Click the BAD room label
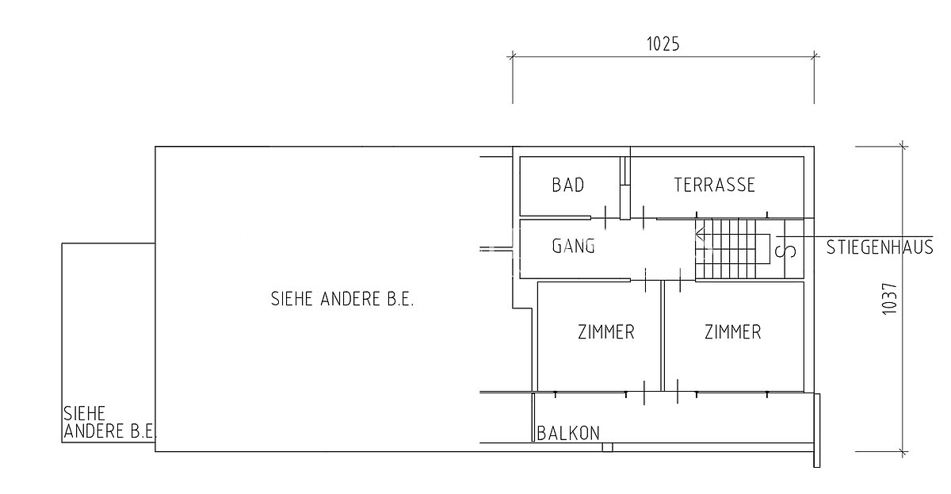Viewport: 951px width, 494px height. click(x=568, y=185)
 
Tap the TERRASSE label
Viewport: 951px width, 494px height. click(x=715, y=185)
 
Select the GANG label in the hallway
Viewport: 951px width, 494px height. click(x=573, y=246)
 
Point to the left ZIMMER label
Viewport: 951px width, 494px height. click(x=605, y=331)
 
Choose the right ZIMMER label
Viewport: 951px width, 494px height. click(x=733, y=331)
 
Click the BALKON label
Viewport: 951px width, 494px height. click(x=568, y=433)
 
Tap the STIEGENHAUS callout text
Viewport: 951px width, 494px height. click(x=880, y=247)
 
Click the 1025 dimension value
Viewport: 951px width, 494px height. click(x=663, y=44)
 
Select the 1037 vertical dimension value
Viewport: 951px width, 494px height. click(x=890, y=299)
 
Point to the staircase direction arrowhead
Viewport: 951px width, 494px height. click(x=700, y=235)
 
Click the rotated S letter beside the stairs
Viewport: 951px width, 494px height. click(x=785, y=251)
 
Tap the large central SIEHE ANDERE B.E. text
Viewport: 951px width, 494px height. click(x=342, y=299)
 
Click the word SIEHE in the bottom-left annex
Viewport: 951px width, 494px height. click(x=84, y=413)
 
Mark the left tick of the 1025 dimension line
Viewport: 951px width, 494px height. click(x=513, y=56)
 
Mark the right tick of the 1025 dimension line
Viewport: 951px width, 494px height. click(x=815, y=56)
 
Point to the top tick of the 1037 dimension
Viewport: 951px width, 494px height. click(x=903, y=147)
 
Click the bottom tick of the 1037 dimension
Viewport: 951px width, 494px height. click(x=903, y=452)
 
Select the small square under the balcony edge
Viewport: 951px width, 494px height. click(x=608, y=447)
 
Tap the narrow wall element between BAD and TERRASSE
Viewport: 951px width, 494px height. click(x=625, y=188)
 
